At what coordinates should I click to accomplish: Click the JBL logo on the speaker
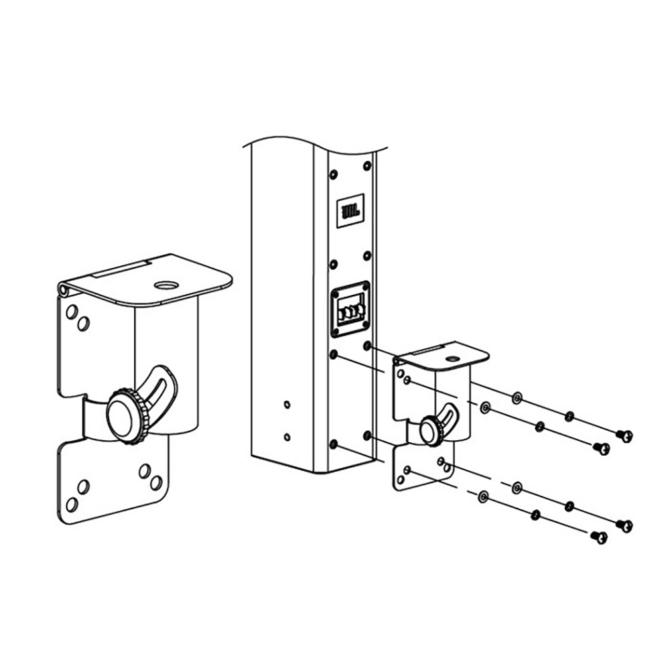click(351, 211)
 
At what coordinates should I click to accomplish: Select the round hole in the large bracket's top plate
click(166, 285)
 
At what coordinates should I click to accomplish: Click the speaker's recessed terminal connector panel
click(350, 310)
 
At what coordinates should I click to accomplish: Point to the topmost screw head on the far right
click(624, 436)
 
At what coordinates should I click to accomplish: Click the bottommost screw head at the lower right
click(599, 537)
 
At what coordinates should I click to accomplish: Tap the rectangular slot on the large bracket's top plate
click(119, 269)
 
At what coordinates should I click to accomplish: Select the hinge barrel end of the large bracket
click(64, 290)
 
